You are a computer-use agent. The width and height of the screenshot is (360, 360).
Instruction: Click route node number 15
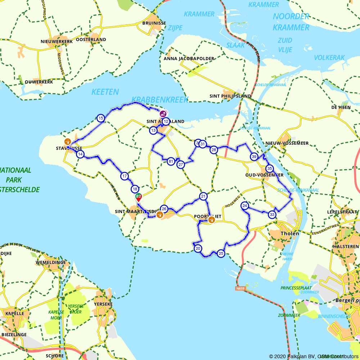pyautogui.click(x=101, y=118)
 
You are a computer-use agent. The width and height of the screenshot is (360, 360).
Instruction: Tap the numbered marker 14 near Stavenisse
pyautogui.click(x=80, y=154)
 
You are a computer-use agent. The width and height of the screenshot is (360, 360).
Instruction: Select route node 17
pyautogui.click(x=125, y=176)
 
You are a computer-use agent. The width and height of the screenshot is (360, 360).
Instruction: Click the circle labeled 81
pyautogui.click(x=171, y=161)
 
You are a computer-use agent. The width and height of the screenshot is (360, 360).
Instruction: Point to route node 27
pyautogui.click(x=181, y=165)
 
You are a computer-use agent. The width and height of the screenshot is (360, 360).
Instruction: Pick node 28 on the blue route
pyautogui.click(x=214, y=150)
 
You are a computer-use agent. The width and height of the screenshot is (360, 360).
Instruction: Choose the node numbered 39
pyautogui.click(x=254, y=157)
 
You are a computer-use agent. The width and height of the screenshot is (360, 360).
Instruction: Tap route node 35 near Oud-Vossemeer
pyautogui.click(x=269, y=168)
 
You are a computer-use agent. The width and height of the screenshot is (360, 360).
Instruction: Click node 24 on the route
pyautogui.click(x=245, y=206)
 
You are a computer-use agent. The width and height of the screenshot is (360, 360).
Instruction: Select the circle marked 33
pyautogui.click(x=272, y=215)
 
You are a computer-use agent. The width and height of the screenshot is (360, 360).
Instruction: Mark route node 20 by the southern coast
pyautogui.click(x=198, y=248)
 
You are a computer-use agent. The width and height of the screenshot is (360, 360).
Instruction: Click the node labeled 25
pyautogui.click(x=221, y=253)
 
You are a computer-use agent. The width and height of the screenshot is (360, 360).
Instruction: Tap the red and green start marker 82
pyautogui.click(x=138, y=197)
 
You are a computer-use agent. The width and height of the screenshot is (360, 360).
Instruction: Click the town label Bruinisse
pyautogui.click(x=154, y=23)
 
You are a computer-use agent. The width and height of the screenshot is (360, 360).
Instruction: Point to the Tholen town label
pyautogui.click(x=290, y=233)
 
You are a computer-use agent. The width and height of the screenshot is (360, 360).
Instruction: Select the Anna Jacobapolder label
pyautogui.click(x=189, y=58)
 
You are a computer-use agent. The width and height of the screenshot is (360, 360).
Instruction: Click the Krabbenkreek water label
pyautogui.click(x=160, y=100)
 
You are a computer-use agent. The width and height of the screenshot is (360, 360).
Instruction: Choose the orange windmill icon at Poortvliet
pyautogui.click(x=212, y=219)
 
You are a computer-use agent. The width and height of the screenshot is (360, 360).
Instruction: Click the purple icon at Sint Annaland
pyautogui.click(x=163, y=114)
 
